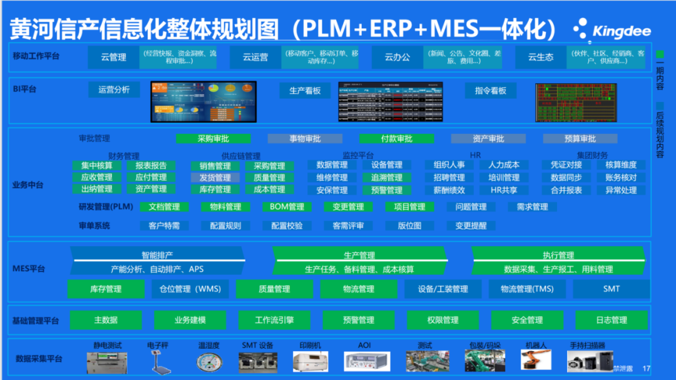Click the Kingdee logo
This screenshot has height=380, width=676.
click(612, 29)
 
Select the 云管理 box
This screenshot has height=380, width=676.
click(113, 57)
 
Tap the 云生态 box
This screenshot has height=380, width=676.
click(540, 57)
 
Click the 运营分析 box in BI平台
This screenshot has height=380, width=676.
click(114, 90)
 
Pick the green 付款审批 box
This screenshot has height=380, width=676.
click(396, 139)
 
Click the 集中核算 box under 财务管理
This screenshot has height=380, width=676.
click(96, 166)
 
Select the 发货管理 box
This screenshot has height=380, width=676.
click(215, 178)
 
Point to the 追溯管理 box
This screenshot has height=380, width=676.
click(386, 178)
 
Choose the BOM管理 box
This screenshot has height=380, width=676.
click(287, 207)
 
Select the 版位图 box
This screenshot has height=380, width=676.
click(409, 226)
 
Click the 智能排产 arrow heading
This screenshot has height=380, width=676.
click(157, 255)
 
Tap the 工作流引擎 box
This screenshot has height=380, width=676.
click(274, 321)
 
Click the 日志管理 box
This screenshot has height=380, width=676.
click(611, 321)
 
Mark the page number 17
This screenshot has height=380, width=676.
click(647, 369)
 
